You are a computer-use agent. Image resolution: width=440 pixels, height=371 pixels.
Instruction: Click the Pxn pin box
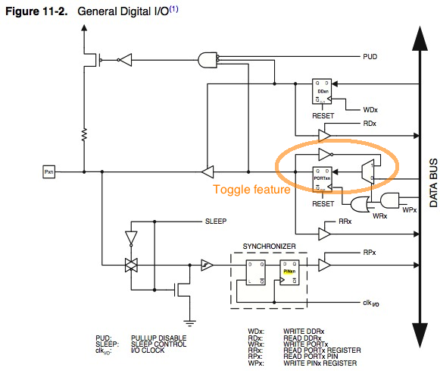(x=49, y=172)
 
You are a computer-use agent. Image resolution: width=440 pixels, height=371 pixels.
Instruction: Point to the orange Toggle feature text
(x=251, y=190)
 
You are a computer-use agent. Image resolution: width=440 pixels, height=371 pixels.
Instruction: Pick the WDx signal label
(x=370, y=109)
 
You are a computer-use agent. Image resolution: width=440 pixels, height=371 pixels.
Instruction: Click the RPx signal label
(x=370, y=253)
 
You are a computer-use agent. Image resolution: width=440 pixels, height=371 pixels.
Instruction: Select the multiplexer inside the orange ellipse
(x=367, y=172)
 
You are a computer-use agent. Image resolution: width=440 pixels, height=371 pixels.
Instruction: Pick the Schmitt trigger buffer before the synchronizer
(x=204, y=266)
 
